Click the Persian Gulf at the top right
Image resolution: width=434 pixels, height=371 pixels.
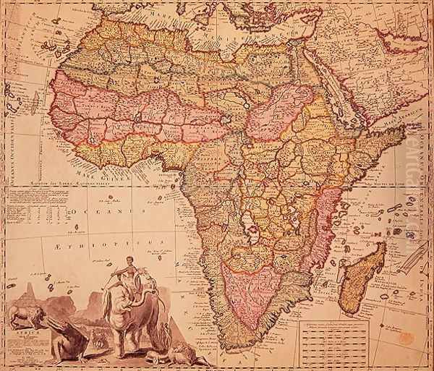click(x=405, y=40)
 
